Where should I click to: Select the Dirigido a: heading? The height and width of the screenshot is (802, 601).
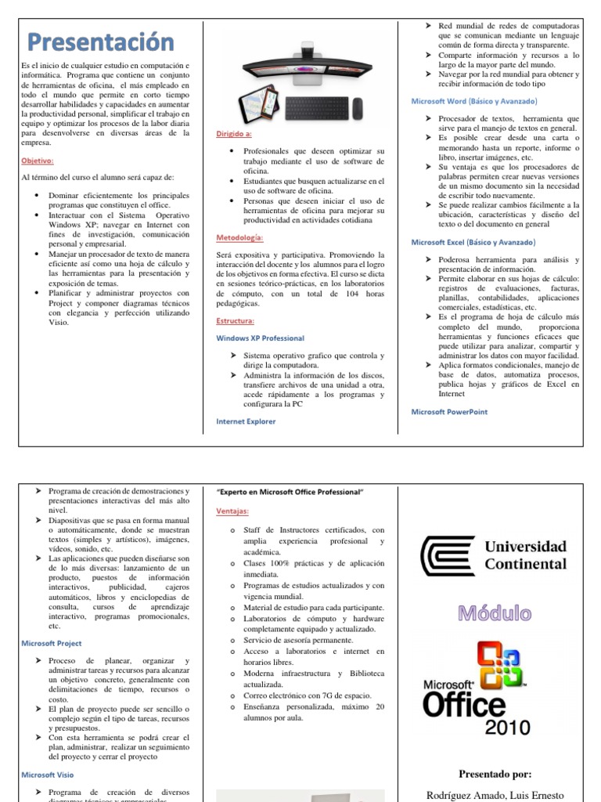[234, 134]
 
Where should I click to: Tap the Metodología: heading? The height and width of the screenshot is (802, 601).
[239, 237]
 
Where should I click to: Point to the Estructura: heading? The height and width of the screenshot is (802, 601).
[235, 321]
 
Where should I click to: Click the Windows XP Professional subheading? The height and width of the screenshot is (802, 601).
[260, 338]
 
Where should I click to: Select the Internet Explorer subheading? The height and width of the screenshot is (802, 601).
[246, 421]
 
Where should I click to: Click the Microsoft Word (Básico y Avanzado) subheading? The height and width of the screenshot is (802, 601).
[474, 101]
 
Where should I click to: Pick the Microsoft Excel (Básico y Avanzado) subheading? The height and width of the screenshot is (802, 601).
[474, 243]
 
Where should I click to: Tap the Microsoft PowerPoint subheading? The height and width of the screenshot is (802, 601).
[449, 411]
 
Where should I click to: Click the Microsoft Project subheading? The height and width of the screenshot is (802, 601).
[52, 643]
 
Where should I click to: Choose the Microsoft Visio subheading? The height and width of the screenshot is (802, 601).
[49, 775]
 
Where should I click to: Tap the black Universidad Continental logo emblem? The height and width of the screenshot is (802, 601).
[448, 555]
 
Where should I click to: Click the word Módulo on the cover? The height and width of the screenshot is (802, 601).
[494, 612]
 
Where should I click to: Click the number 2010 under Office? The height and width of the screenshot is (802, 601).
[508, 728]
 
